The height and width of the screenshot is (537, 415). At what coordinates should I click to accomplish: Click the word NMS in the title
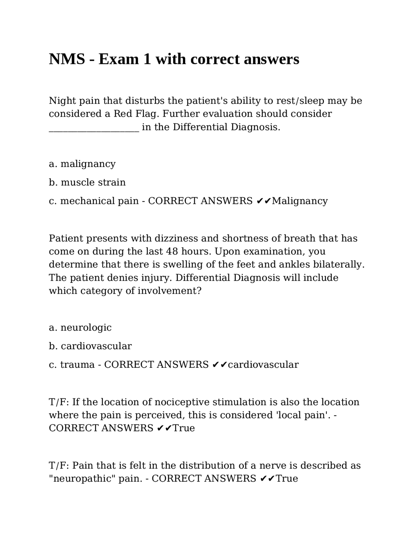67,59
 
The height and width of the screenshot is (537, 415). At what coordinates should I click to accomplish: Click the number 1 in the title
147,59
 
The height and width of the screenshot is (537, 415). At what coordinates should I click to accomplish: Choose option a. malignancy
82,164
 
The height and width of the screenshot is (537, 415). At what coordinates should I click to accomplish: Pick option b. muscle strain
87,182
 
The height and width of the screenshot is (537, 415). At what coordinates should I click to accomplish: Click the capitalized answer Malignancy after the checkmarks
300,201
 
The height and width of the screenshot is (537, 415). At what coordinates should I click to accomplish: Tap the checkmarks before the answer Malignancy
264,201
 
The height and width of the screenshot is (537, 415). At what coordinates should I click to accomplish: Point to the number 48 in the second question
172,252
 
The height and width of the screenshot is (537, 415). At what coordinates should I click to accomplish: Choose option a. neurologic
80,328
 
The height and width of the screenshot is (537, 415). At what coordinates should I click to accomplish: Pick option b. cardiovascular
90,346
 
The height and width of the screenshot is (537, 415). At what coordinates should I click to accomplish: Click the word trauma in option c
77,365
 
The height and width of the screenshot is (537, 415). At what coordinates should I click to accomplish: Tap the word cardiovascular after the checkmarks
263,365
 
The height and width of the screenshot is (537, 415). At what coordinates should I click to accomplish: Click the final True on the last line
287,479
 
